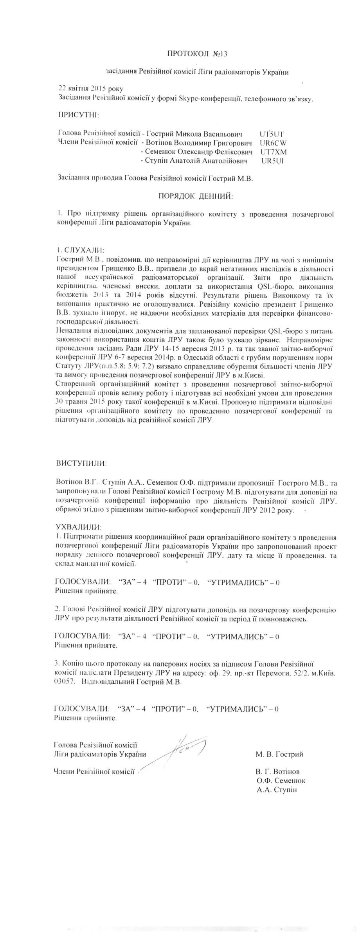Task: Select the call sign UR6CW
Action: coord(270,143)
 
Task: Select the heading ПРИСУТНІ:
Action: coord(78,115)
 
